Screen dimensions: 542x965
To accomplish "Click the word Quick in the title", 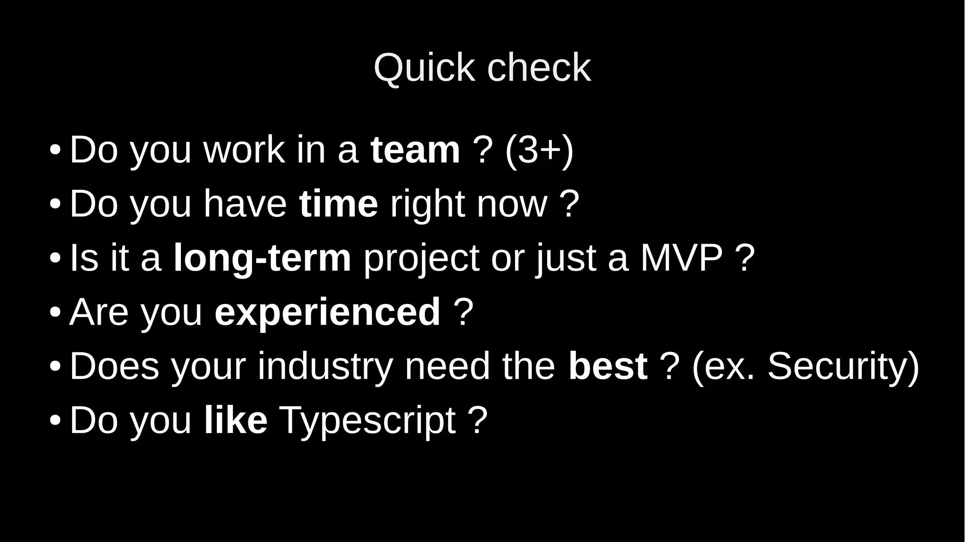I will pos(424,68).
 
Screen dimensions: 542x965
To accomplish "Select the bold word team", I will pos(415,150).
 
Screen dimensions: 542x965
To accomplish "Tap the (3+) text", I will pos(539,150).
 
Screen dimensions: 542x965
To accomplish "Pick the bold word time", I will pos(338,204).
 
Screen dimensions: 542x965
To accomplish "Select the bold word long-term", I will pos(262,258).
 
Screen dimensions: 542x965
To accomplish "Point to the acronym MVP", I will pos(681,258).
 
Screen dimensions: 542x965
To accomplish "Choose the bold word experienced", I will pos(327,312).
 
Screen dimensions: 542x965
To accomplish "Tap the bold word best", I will pos(608,366).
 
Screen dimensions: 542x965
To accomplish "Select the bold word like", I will pos(236,420).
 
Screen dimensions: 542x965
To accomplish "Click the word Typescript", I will pos(368,421).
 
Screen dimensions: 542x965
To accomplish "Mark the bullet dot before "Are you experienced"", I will pos(55,312).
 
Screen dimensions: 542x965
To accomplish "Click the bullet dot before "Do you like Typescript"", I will pos(55,420).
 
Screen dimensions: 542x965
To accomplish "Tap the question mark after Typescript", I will pos(478,420).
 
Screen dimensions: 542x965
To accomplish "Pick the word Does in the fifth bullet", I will pos(114,366).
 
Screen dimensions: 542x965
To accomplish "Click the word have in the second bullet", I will pos(245,204).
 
